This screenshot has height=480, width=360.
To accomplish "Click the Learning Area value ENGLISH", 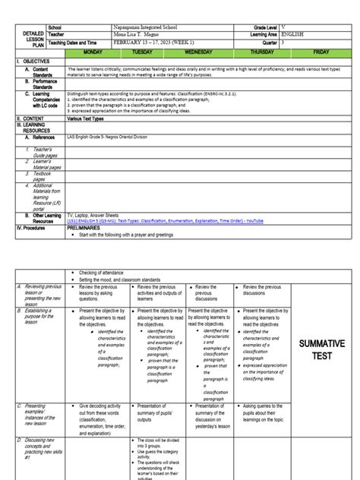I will point(298,35).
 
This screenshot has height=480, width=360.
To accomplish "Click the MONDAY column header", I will point(93,52).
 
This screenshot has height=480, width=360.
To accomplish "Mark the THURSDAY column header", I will point(262,52).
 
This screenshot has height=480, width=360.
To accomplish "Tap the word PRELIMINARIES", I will point(87,227).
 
